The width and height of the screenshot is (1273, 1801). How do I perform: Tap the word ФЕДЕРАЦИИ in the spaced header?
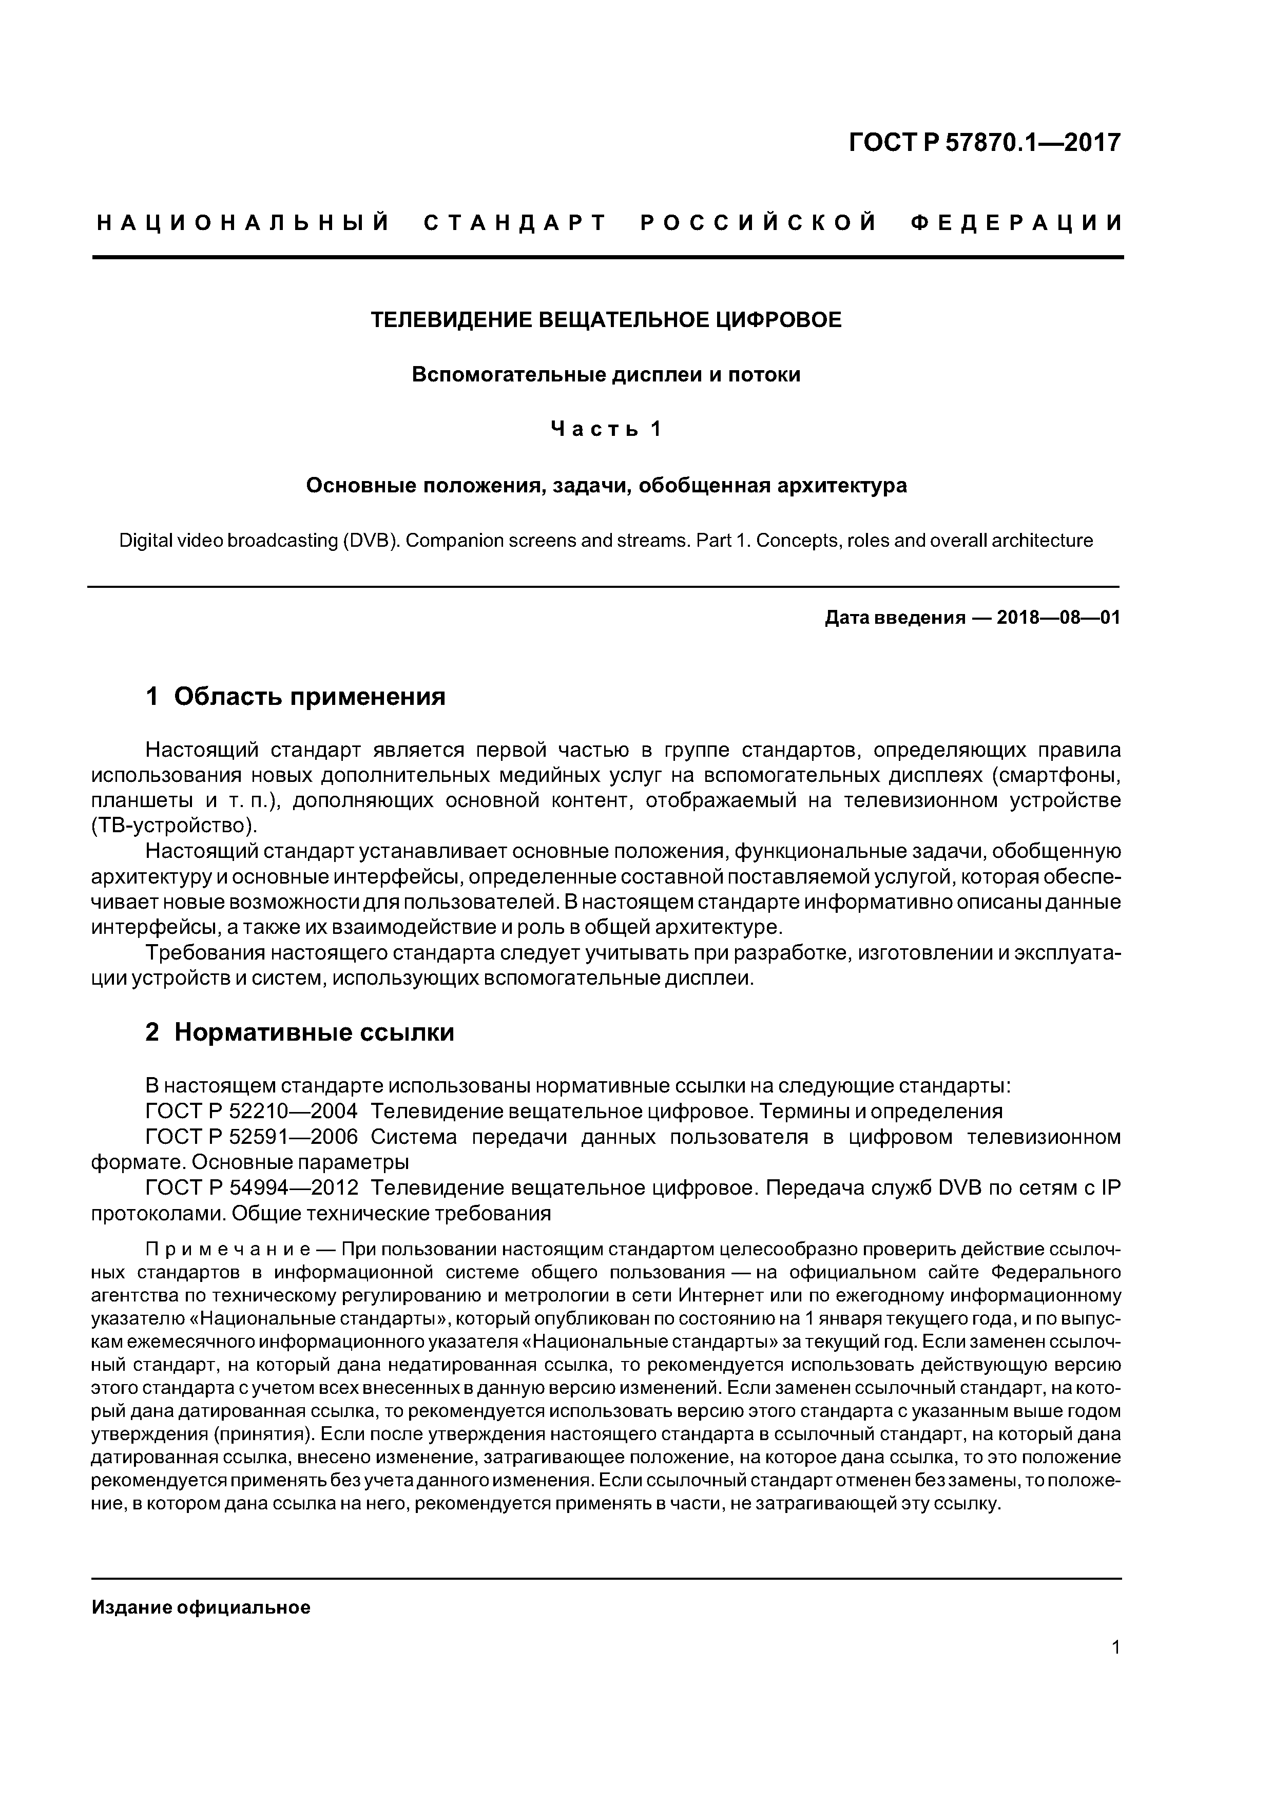(1017, 223)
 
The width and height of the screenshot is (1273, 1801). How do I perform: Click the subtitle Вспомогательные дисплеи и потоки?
(606, 375)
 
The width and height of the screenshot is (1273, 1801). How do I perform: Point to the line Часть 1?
(606, 429)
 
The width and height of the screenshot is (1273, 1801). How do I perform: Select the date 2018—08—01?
(1058, 618)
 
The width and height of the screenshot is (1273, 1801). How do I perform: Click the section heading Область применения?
(309, 697)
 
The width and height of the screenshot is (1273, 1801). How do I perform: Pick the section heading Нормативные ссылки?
(314, 1033)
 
